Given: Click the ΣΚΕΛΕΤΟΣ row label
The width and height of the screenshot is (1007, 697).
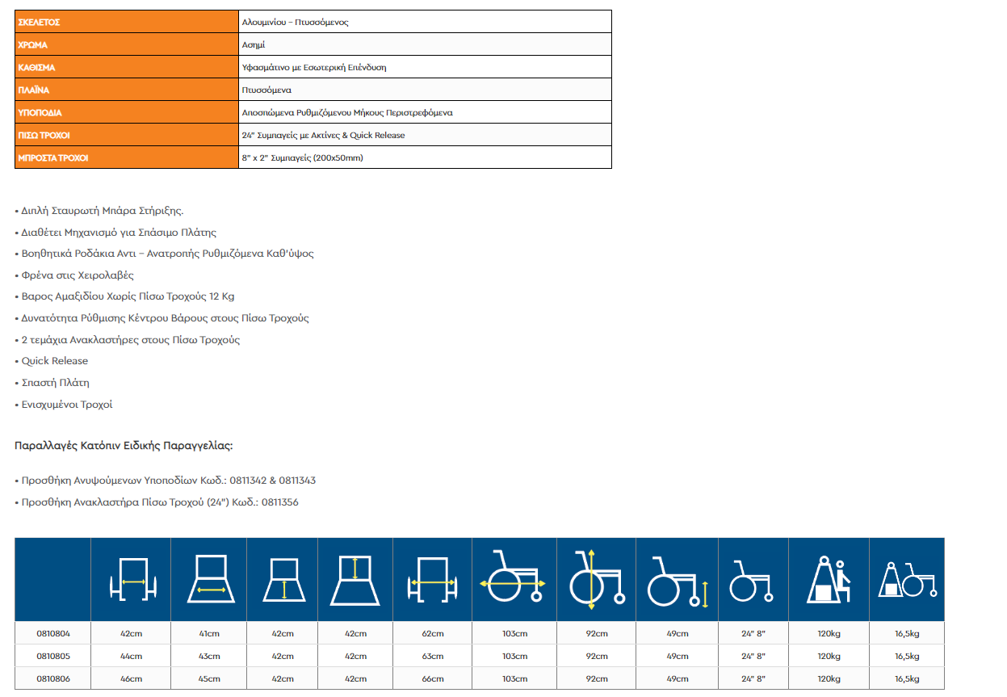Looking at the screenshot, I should [x=40, y=22].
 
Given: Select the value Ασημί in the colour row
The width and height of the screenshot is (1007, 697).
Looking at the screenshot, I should [x=254, y=45].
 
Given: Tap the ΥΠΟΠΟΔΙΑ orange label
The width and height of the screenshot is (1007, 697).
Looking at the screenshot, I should [x=40, y=113].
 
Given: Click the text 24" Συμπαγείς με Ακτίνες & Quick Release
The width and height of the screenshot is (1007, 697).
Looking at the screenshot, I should [x=323, y=136].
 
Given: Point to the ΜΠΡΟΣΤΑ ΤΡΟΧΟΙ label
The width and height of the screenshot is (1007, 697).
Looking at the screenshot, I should [x=52, y=158].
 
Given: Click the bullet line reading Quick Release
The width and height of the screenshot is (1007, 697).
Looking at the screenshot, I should [x=54, y=361].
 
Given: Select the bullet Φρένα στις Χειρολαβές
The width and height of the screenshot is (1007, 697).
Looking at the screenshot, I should [x=77, y=275].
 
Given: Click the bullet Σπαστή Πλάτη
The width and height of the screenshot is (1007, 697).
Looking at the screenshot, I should [x=55, y=383].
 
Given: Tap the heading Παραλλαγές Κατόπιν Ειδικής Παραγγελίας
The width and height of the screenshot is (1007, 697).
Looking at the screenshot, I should [x=124, y=445].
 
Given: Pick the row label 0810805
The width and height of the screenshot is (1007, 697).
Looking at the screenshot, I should [x=53, y=656].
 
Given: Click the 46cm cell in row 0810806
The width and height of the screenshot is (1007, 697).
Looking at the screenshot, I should [x=131, y=678].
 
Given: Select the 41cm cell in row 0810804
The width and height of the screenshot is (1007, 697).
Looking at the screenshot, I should [x=209, y=634].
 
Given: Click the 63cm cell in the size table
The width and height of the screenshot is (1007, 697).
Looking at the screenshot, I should [x=433, y=656].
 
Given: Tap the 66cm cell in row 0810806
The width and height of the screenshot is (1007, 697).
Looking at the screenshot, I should [x=433, y=678].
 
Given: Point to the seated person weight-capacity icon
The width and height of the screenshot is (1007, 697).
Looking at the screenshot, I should [x=828, y=579].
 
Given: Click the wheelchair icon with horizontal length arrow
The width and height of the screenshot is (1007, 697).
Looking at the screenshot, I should [x=514, y=579].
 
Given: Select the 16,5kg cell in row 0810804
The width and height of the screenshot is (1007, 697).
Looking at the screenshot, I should [x=907, y=634].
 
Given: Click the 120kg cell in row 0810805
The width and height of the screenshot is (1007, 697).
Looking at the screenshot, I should [x=829, y=656].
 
